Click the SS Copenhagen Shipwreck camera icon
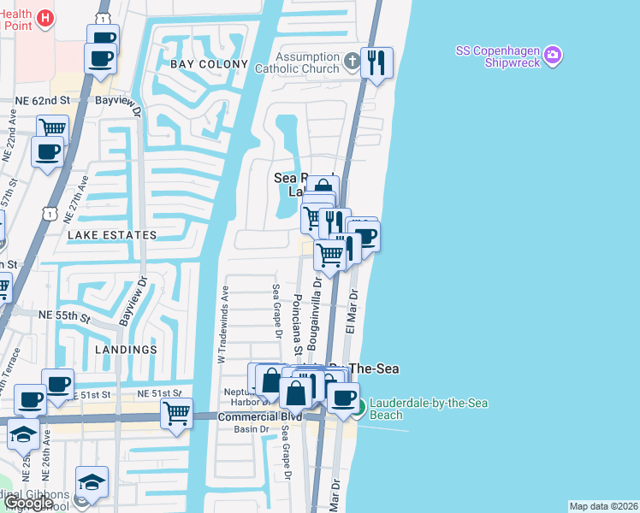pos(553,55)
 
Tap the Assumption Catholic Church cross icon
pos(353,61)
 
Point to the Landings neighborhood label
pos(127,350)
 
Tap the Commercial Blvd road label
pos(251,416)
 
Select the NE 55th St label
pos(65,316)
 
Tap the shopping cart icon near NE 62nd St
pos(52,128)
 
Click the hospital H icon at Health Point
pos(46,16)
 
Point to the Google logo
pos(27,503)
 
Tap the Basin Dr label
pos(252,429)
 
